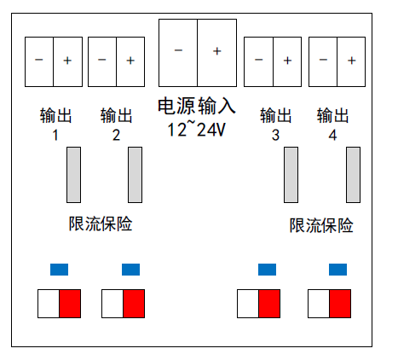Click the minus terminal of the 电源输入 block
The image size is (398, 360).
[x=178, y=53]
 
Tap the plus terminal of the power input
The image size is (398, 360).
[x=217, y=53]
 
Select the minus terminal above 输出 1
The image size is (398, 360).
[x=39, y=61]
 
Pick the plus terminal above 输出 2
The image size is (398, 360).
[x=130, y=61]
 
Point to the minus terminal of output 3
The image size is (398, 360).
[x=258, y=61]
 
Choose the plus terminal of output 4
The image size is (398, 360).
[x=351, y=61]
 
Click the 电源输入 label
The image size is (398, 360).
[x=197, y=106]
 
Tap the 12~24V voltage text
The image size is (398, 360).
[x=197, y=129]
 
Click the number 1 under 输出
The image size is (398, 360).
[x=55, y=135]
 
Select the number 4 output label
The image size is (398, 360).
[x=332, y=135]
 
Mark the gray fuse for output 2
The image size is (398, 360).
[x=135, y=175]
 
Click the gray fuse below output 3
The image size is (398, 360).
[x=291, y=175]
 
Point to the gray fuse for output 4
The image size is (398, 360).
[x=353, y=175]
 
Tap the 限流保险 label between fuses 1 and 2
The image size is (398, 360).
[x=101, y=224]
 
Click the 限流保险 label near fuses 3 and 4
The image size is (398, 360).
[x=321, y=225]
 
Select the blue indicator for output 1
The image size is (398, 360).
[x=59, y=270]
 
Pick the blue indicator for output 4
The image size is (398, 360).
[x=337, y=270]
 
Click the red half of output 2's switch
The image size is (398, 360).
[x=134, y=304]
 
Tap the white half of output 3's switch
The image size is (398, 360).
[x=248, y=304]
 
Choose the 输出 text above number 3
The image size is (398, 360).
[x=276, y=115]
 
